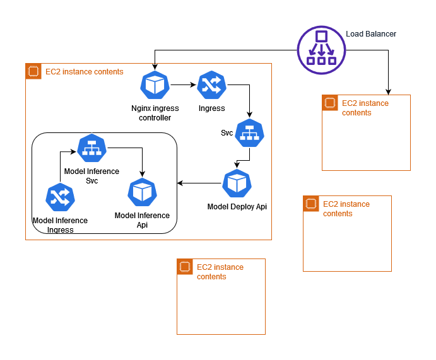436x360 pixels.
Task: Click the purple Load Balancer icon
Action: pos(321,48)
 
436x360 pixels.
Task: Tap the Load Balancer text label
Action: pos(371,34)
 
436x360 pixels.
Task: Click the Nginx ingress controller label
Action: pos(155,113)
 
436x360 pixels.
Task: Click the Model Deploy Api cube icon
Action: pos(237,183)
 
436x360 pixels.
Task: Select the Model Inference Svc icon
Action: pos(92,148)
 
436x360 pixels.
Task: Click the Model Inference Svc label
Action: pos(91,176)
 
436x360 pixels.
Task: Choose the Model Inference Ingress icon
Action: pos(61,197)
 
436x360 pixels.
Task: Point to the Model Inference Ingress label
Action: pos(60,225)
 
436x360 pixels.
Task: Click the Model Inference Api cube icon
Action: pos(142,192)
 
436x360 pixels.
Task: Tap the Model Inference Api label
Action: pos(142,220)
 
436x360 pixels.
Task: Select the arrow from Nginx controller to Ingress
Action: pos(183,84)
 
